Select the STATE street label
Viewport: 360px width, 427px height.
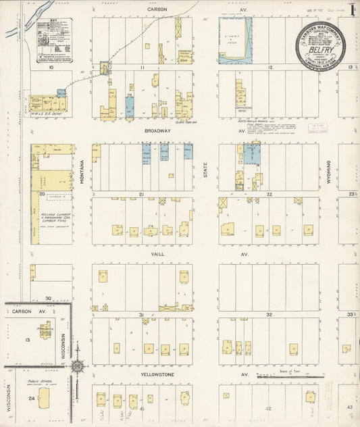[205, 166]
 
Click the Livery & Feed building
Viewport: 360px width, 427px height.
[235, 41]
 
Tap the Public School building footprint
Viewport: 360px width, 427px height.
[45, 397]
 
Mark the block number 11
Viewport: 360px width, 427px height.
[143, 68]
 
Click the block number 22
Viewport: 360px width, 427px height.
[269, 195]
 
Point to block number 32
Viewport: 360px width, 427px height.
[269, 314]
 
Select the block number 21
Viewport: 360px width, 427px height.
[143, 195]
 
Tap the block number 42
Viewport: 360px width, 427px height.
[269, 408]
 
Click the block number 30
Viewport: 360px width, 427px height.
[49, 297]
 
